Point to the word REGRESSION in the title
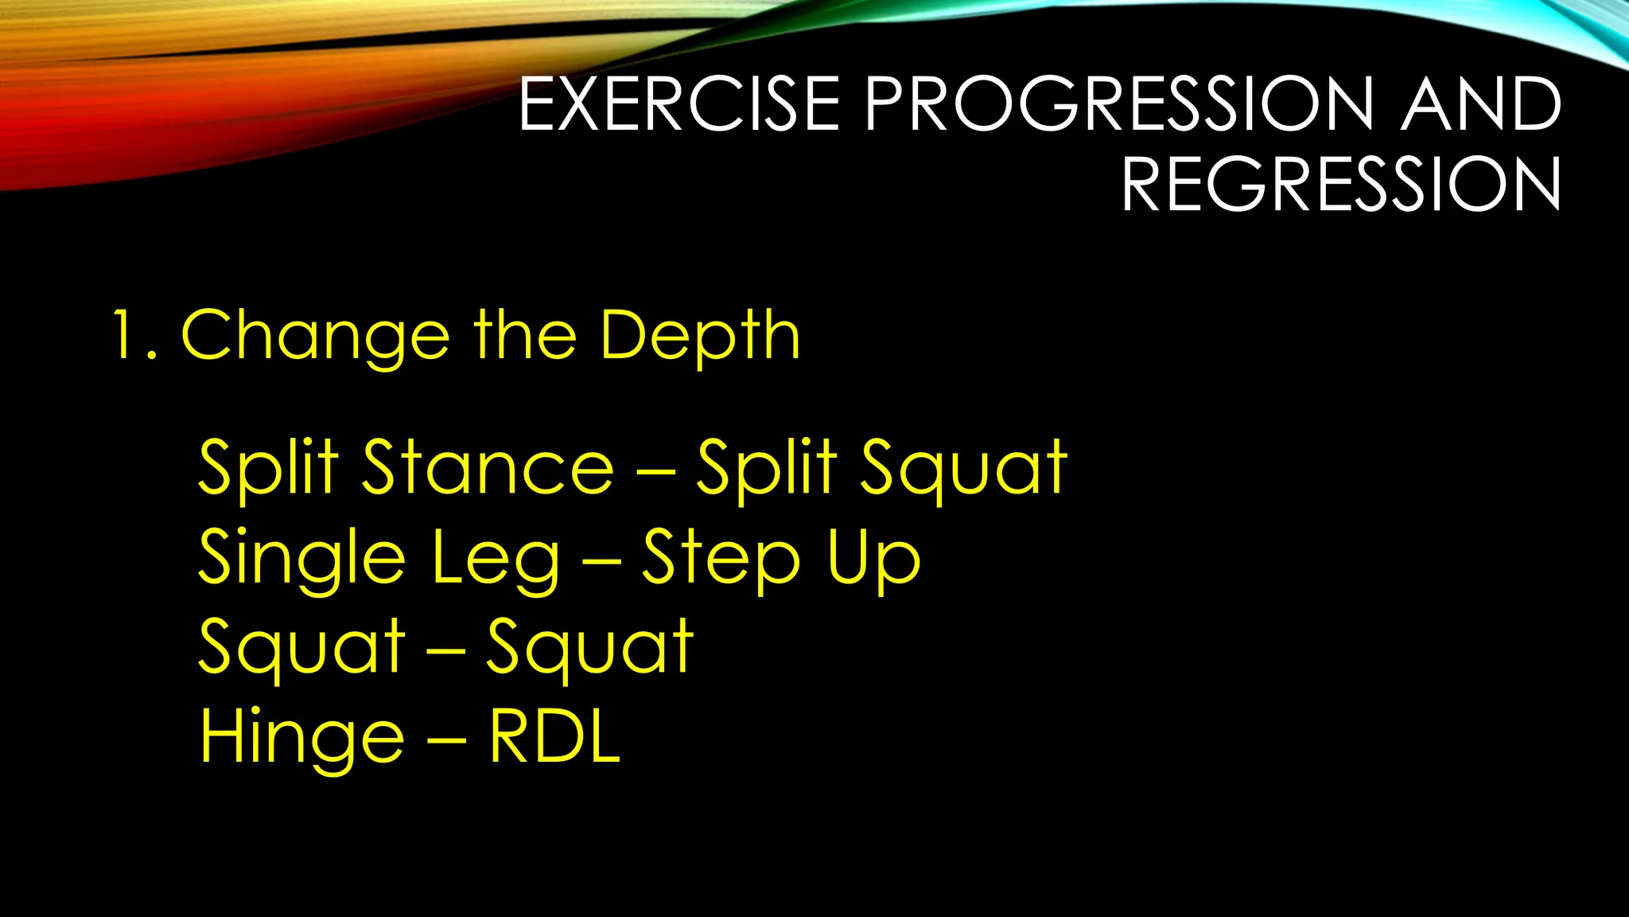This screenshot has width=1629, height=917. click(x=1341, y=184)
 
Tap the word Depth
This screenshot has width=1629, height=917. click(x=699, y=335)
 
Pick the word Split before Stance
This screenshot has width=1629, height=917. click(x=268, y=467)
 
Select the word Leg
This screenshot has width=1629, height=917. click(x=496, y=557)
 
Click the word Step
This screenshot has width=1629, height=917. click(x=721, y=557)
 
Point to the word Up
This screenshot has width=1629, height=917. click(x=873, y=557)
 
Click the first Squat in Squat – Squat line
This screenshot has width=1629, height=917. click(x=301, y=646)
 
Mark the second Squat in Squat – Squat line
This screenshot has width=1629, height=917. click(x=589, y=646)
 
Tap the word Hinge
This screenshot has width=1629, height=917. click(x=301, y=737)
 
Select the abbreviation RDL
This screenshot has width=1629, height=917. click(x=554, y=737)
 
